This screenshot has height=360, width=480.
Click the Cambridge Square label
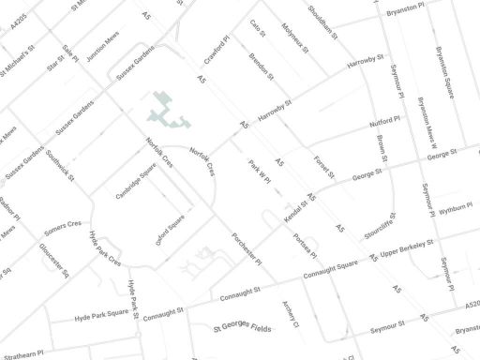pos(136,182)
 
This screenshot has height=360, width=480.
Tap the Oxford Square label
pos(171,231)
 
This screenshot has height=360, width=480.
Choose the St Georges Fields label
pos(242,328)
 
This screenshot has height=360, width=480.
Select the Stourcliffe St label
pos(380,226)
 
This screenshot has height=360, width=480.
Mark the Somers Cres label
pos(63,226)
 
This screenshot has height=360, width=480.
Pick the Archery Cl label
pos(290,319)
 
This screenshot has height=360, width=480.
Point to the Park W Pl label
pos(259,170)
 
